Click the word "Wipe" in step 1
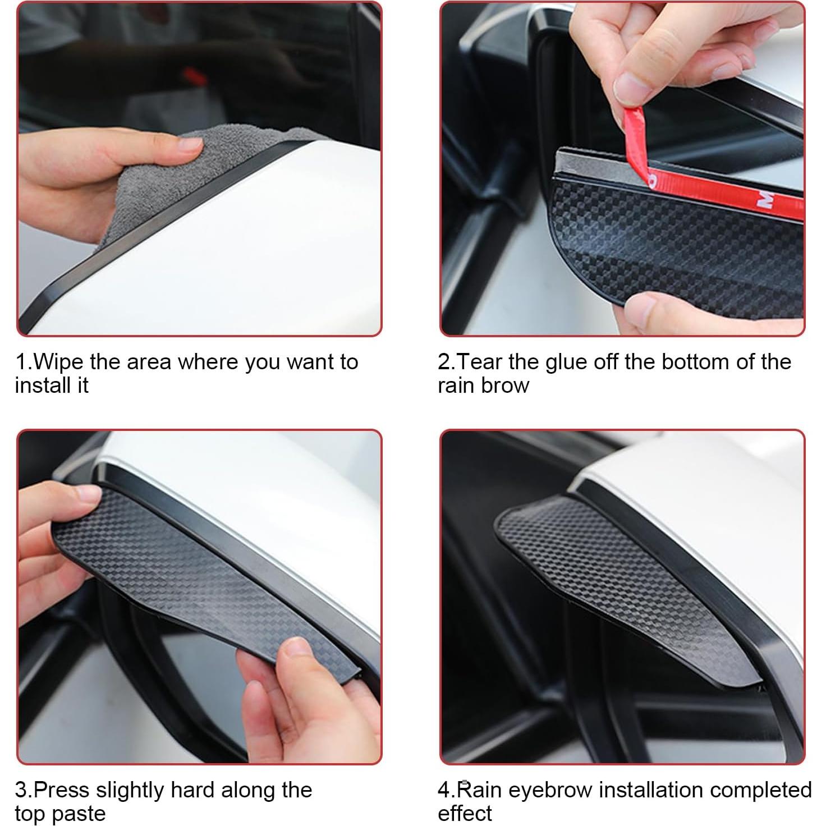59,362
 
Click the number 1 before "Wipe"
21,362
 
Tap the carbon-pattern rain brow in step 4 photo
617,584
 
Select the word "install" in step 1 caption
43,386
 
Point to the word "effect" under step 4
465,814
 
